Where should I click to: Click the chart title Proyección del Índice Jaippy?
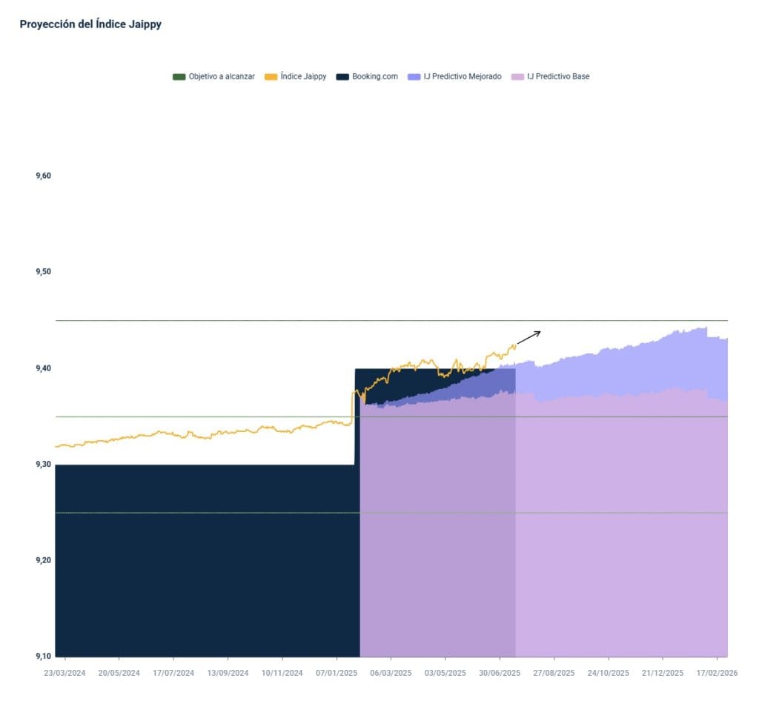[x=90, y=24]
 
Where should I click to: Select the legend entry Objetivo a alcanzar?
[x=221, y=76]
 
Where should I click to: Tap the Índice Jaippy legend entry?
[x=303, y=76]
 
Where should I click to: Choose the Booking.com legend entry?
[x=375, y=76]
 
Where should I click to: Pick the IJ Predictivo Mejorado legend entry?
[x=462, y=76]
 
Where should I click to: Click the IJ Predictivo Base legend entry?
[x=558, y=76]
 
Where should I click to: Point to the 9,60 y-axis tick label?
[x=43, y=176]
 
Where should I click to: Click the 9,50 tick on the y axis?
[x=43, y=272]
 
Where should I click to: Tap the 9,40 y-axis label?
[x=43, y=368]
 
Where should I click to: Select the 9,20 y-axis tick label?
[x=43, y=560]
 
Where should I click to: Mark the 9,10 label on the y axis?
[x=43, y=656]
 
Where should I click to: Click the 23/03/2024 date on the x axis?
[x=64, y=674]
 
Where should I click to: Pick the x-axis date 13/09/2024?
[x=228, y=674]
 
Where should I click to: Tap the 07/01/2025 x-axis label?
[x=337, y=674]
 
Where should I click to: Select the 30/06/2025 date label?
[x=500, y=674]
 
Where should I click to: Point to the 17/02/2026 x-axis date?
[x=716, y=674]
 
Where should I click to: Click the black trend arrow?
[x=528, y=337]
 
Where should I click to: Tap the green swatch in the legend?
[x=179, y=76]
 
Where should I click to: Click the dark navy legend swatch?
[x=342, y=76]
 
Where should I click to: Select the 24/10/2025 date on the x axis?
[x=608, y=674]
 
